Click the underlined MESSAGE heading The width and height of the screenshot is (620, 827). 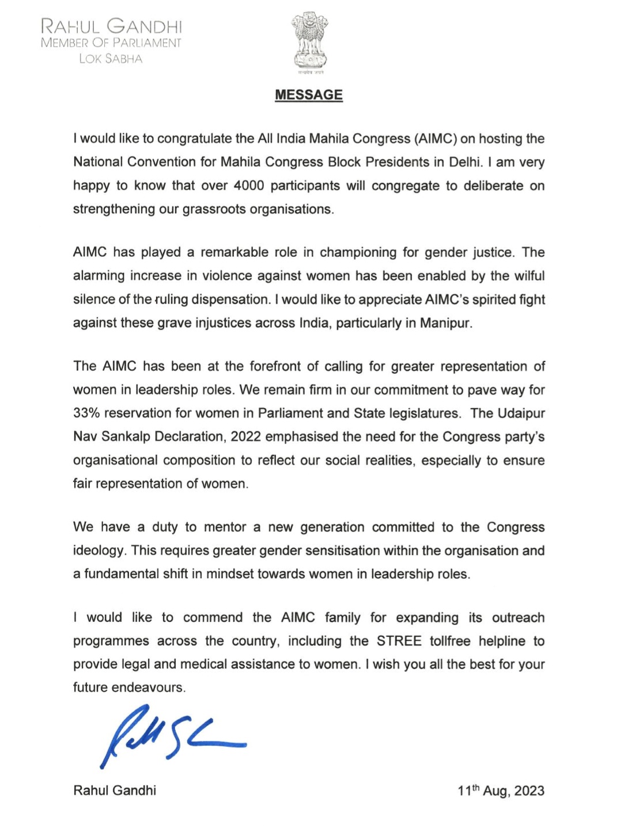[x=308, y=95]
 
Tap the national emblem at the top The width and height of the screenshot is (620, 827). [x=310, y=42]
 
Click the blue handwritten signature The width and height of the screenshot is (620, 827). [x=173, y=735]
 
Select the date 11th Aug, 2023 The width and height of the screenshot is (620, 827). [x=501, y=791]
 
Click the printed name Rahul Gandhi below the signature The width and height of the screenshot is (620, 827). [x=115, y=790]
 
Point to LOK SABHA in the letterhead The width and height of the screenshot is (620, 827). [x=111, y=59]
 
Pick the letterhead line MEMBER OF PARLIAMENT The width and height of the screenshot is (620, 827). [x=111, y=43]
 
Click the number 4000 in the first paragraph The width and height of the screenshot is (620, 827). [x=249, y=185]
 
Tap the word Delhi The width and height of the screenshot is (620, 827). [x=464, y=162]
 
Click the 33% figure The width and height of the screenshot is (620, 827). [x=85, y=413]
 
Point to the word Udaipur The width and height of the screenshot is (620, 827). [x=520, y=413]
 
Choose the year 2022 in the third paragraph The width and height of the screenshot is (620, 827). [x=246, y=437]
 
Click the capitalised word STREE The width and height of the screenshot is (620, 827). [x=399, y=641]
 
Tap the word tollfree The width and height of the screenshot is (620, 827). [x=450, y=641]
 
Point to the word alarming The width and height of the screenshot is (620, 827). [x=99, y=276]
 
